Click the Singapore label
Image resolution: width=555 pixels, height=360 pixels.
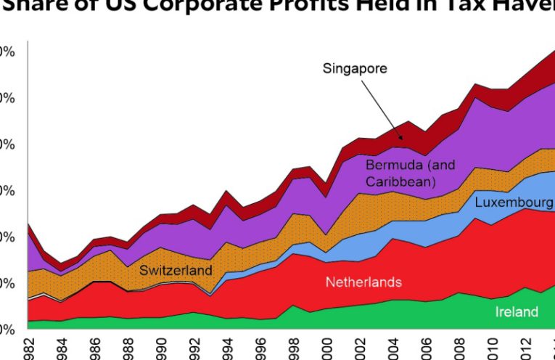355,69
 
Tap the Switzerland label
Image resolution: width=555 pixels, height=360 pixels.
176,271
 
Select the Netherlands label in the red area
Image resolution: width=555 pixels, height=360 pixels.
363,282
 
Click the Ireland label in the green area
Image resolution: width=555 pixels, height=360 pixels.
517,312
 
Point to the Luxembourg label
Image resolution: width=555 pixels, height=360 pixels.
513,202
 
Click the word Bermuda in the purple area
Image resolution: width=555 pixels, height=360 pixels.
392,165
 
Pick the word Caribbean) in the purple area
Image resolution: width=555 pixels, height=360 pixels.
400,181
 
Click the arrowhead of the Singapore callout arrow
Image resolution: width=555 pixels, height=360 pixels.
402,139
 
